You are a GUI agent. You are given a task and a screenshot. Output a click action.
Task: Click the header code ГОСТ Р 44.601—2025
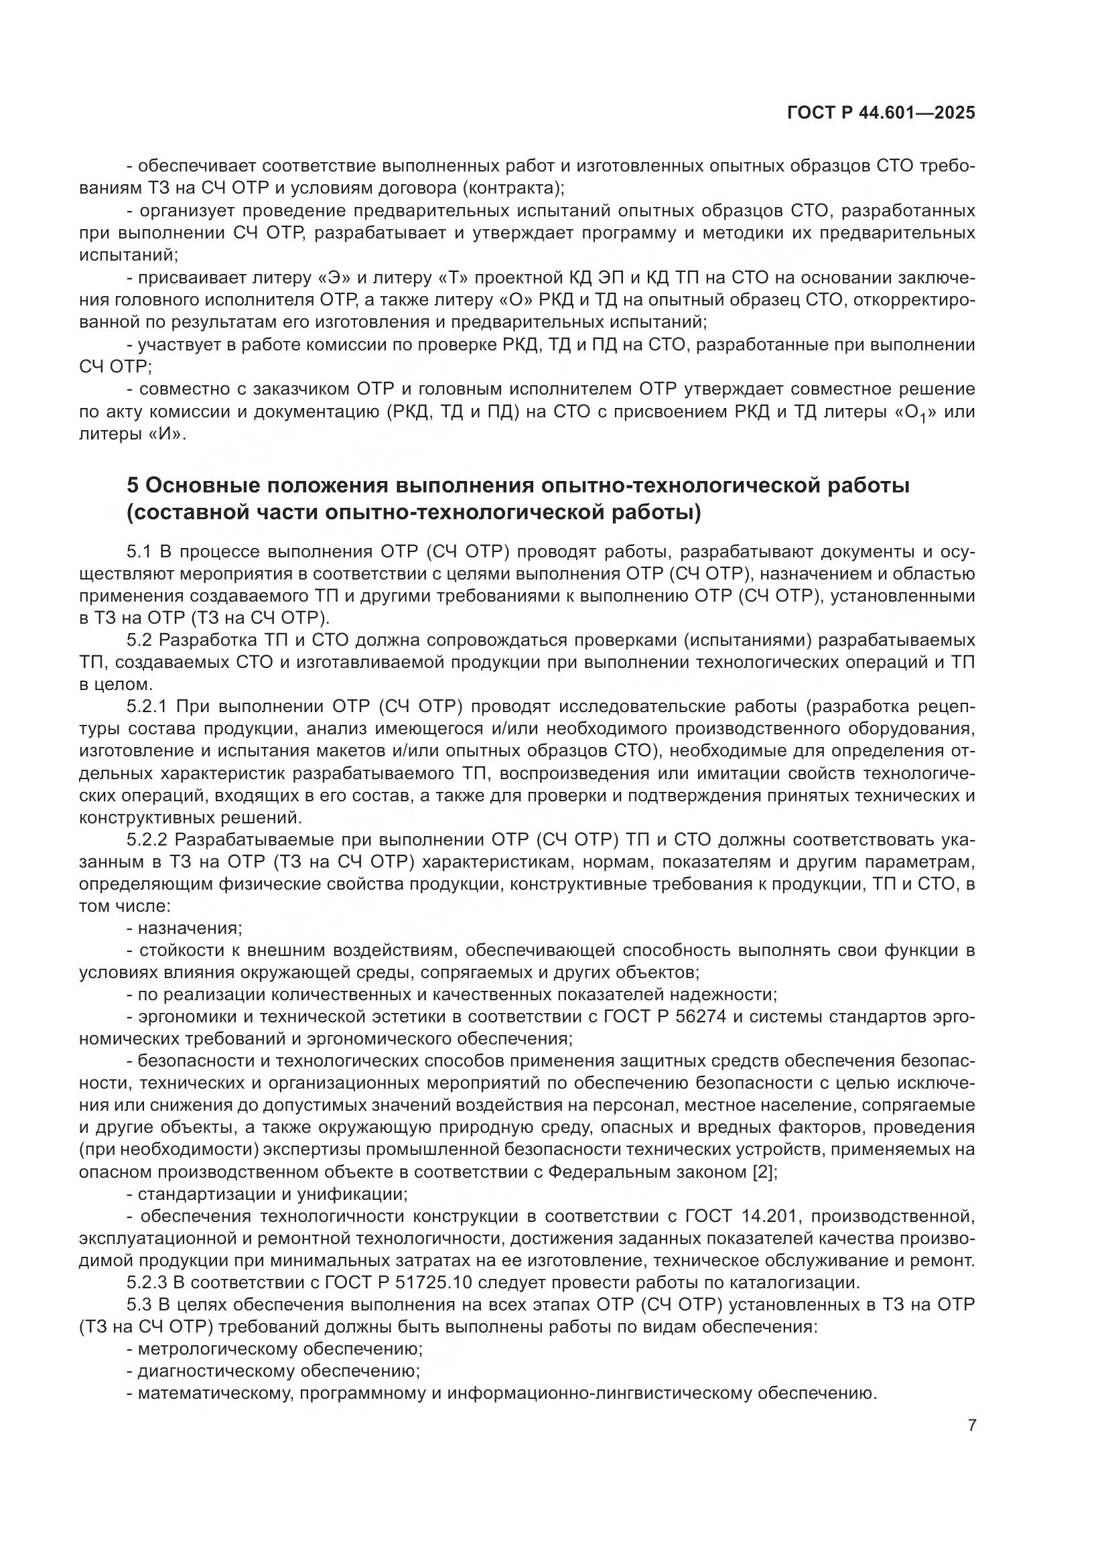pos(881,113)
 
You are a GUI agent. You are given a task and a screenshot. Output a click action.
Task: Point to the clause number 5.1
pos(140,551)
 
